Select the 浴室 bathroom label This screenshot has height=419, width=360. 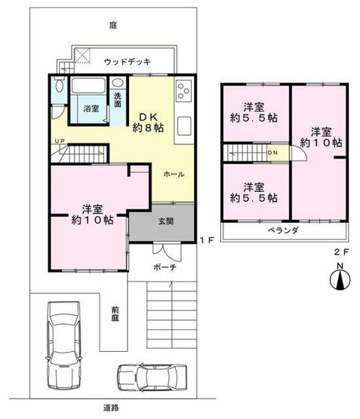coord(91,109)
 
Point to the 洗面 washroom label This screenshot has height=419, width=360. coord(118,100)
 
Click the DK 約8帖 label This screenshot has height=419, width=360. coord(149,122)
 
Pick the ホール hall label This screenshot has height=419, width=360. coord(174,174)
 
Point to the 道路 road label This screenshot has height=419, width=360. coord(112,408)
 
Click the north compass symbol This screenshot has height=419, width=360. coord(339,277)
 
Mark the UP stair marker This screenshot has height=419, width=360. coord(59,141)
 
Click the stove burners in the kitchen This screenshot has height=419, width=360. coord(183,93)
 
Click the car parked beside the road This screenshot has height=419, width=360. coord(152,374)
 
